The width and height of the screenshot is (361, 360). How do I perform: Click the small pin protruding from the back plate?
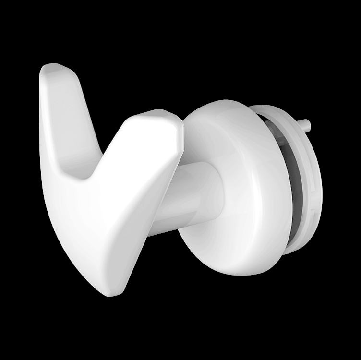[x=305, y=126]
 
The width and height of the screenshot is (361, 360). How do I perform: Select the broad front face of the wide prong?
[x=130, y=202]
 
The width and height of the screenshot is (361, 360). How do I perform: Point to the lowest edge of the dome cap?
[x=240, y=275]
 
